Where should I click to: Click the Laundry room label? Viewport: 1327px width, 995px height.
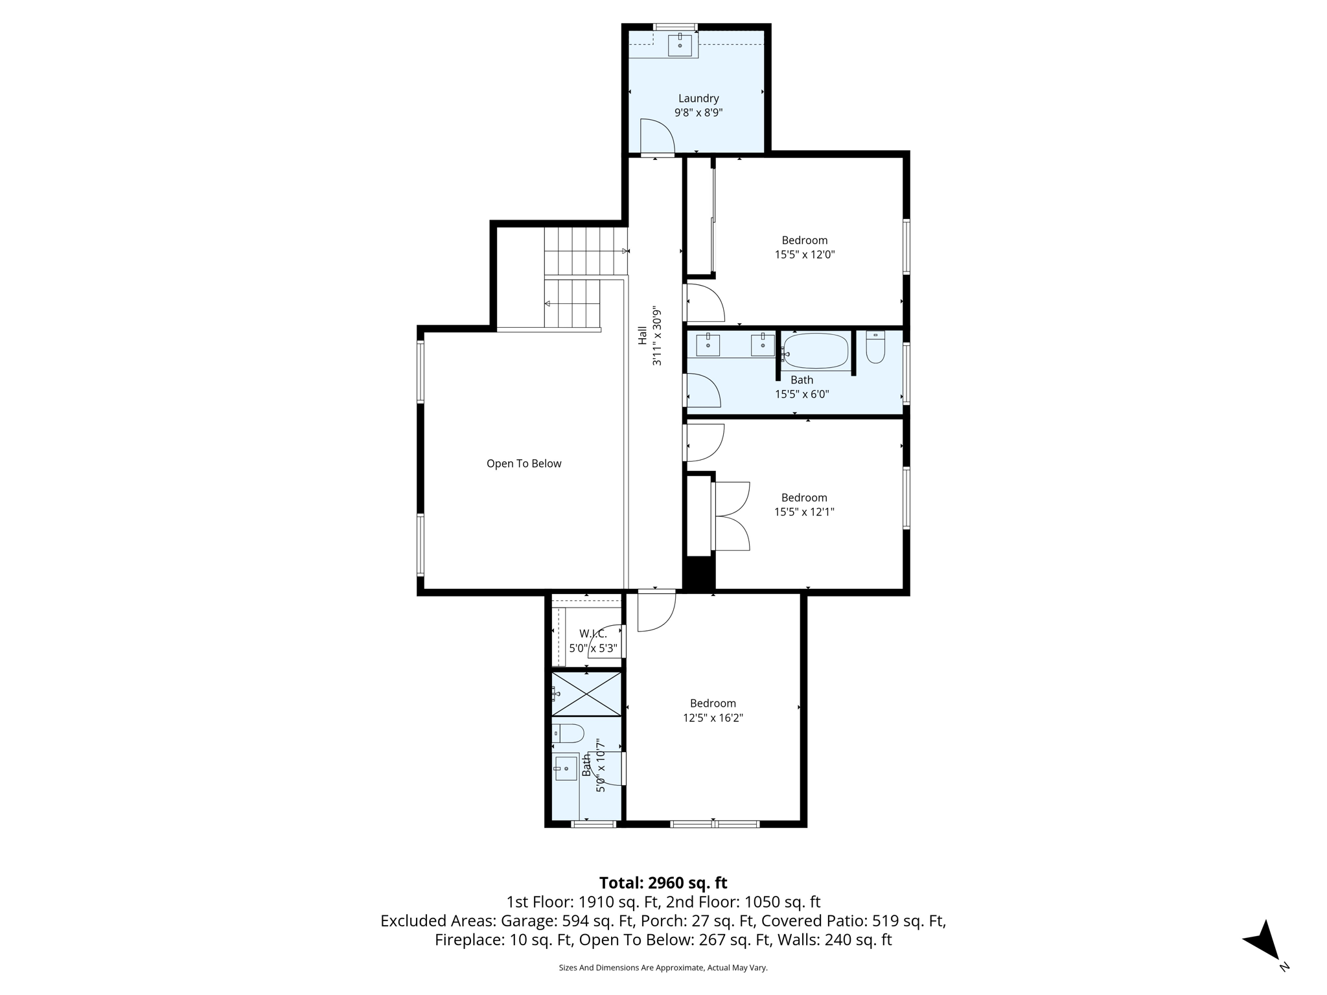(x=698, y=98)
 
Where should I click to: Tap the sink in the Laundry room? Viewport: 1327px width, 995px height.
(x=680, y=45)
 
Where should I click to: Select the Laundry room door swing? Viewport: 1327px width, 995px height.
(x=657, y=137)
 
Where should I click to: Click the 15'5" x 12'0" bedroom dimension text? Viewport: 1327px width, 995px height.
(x=804, y=255)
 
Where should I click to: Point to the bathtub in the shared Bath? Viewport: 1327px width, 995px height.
(x=816, y=350)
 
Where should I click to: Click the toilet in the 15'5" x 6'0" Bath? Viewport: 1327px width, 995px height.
(x=875, y=348)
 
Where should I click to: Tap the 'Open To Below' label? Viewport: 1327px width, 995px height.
(x=524, y=464)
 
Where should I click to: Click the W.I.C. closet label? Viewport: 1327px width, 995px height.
(x=593, y=634)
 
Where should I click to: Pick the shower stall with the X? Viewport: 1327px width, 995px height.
(x=586, y=694)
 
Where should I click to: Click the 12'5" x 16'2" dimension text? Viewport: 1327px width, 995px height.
(x=713, y=718)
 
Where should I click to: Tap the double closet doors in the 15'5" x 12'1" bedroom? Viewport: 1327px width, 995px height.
(x=733, y=516)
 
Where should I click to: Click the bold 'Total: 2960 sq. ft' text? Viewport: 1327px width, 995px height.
(x=663, y=883)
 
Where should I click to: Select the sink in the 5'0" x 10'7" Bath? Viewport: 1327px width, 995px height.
(x=566, y=768)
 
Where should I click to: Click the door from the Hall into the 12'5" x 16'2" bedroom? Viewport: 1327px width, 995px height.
(x=656, y=610)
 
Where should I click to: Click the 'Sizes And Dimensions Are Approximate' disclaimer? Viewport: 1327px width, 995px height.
(x=663, y=968)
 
